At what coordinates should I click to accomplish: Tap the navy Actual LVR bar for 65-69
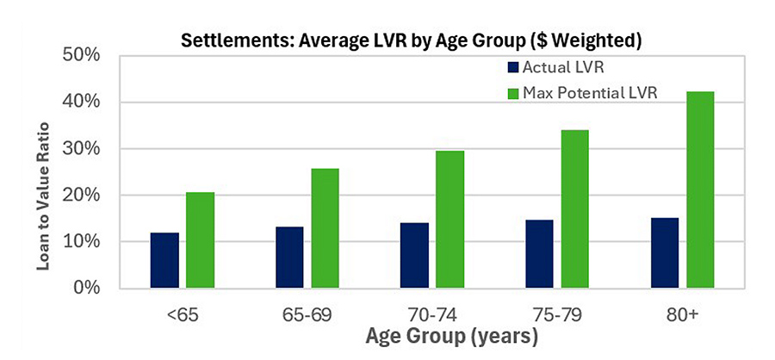[289, 257]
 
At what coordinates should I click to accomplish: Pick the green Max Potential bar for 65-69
[325, 227]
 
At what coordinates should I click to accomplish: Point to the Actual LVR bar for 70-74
[414, 255]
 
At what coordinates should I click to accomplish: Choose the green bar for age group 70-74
[449, 219]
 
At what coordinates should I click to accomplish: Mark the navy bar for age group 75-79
[539, 253]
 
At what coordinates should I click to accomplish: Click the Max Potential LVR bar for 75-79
[574, 208]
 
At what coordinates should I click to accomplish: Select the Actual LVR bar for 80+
[664, 252]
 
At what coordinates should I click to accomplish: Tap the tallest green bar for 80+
[699, 189]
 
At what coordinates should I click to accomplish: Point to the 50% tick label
[84, 56]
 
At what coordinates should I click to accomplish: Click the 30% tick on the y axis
[84, 149]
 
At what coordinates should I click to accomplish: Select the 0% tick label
[89, 288]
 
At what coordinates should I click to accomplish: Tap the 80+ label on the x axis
[681, 314]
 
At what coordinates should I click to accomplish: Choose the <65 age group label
[181, 314]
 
